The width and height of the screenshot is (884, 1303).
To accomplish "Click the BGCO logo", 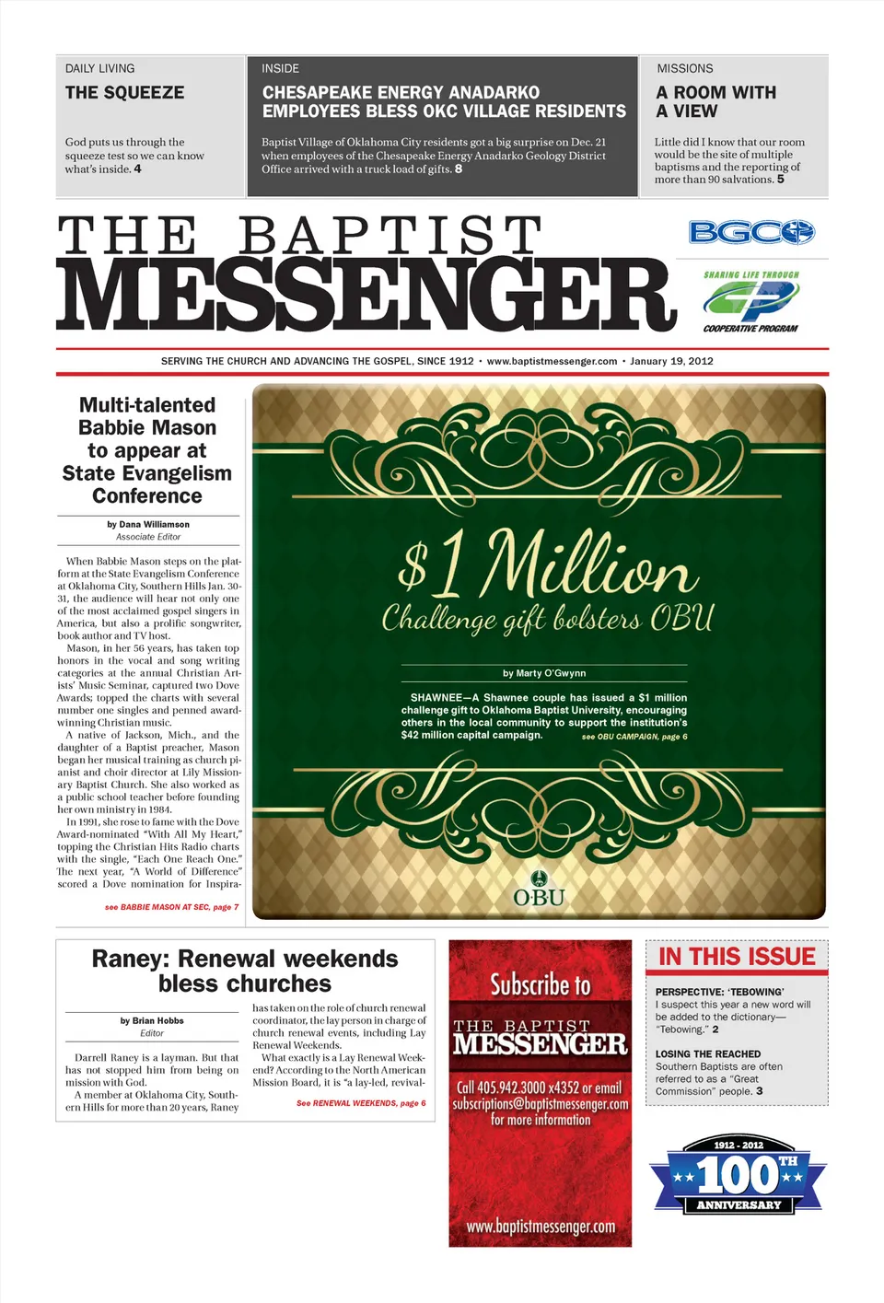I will pyautogui.click(x=751, y=232).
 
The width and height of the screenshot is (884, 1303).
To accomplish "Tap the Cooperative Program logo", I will pyautogui.click(x=750, y=301).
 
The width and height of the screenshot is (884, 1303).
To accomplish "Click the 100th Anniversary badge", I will pyautogui.click(x=739, y=1174).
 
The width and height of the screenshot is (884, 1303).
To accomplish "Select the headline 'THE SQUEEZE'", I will pyautogui.click(x=124, y=92).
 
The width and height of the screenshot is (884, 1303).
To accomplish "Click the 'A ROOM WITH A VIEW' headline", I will pyautogui.click(x=715, y=101).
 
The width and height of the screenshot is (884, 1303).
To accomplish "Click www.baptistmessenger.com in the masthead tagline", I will pyautogui.click(x=552, y=361).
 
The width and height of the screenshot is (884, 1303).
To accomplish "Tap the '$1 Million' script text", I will pyautogui.click(x=543, y=564).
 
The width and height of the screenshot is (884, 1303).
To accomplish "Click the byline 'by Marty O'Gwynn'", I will pyautogui.click(x=544, y=673).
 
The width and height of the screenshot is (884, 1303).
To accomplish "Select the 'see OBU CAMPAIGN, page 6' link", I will pyautogui.click(x=634, y=737).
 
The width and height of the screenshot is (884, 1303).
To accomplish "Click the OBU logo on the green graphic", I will pyautogui.click(x=540, y=889).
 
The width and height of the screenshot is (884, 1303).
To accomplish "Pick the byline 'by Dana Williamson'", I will pyautogui.click(x=148, y=524).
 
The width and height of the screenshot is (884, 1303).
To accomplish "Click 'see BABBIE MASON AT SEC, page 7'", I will pyautogui.click(x=171, y=907).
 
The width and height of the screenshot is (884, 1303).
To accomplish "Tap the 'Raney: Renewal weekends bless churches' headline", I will pyautogui.click(x=245, y=971).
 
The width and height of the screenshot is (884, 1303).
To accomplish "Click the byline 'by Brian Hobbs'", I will pyautogui.click(x=152, y=1020).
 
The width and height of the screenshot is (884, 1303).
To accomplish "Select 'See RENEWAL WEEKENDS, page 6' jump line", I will pyautogui.click(x=361, y=1102).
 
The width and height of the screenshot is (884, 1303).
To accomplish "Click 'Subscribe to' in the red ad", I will pyautogui.click(x=541, y=985).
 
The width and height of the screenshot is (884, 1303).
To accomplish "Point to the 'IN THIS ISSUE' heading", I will pyautogui.click(x=737, y=957).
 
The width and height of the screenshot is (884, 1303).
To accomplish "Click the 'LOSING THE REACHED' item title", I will pyautogui.click(x=708, y=1053).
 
